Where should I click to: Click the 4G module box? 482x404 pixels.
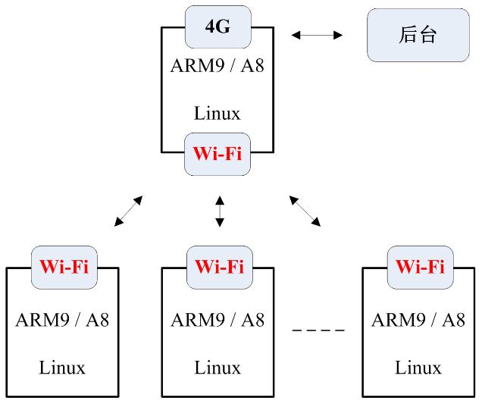217,27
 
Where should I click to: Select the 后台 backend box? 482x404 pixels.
417,35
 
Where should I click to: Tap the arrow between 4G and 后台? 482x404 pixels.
318,35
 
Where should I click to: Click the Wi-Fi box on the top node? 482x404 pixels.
217,154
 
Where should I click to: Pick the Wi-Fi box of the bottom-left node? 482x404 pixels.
64,267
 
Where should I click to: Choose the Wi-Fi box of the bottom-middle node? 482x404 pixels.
219,267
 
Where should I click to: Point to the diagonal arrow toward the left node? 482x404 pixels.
128,211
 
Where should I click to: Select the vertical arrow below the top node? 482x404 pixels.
220,211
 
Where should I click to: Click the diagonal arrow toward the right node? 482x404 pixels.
305,211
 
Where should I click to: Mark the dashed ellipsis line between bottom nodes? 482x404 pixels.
318,330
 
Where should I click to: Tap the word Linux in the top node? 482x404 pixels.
218,114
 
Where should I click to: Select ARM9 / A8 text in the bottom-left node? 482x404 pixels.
62,319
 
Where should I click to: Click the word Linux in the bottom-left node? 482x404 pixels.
62,368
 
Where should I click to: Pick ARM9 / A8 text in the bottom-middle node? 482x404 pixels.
218,319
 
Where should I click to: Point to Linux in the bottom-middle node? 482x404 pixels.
218,368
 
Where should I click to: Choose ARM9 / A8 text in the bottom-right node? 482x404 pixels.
418,319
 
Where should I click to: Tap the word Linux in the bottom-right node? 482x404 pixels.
418,368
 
